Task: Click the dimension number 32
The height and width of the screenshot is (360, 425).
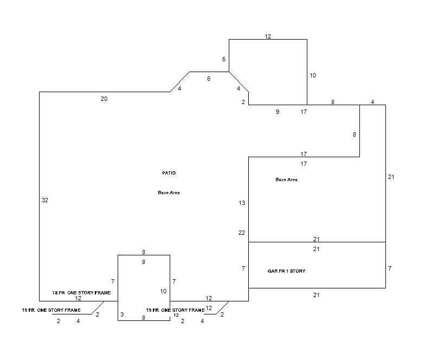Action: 45,200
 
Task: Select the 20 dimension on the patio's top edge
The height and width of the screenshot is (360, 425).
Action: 104,99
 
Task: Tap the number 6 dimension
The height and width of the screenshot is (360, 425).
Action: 209,79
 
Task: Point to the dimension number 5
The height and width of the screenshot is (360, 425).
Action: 224,59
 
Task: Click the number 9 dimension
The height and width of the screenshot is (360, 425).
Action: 278,112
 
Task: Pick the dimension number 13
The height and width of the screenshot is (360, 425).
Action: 242,203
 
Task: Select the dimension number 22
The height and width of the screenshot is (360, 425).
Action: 242,233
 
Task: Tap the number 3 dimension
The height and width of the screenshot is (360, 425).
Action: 122,314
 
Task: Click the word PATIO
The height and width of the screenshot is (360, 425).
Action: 169,173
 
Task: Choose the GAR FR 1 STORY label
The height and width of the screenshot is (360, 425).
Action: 286,271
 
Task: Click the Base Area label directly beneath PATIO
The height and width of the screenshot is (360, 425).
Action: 169,192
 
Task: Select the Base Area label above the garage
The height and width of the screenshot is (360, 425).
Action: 286,179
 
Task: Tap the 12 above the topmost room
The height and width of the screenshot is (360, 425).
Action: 268,36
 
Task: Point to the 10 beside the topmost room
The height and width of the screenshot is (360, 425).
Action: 313,75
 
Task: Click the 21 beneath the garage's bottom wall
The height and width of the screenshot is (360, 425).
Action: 317,295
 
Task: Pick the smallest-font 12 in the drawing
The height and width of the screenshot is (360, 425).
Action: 176,315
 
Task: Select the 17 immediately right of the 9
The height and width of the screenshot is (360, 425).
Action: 304,112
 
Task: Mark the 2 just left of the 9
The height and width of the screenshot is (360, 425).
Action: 243,102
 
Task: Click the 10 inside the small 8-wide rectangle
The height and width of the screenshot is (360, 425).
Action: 163,291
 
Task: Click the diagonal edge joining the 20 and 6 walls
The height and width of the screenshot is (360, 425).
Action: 180,82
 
